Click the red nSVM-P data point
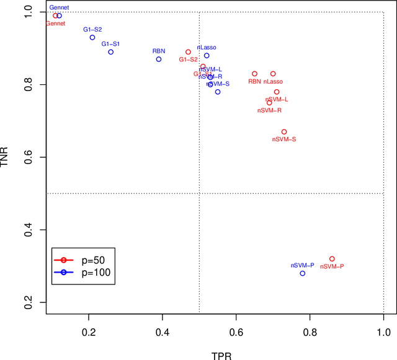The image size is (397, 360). (x=332, y=259)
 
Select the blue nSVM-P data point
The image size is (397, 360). (x=303, y=273)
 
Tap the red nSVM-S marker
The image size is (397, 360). (x=284, y=132)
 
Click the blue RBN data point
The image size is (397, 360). (x=159, y=59)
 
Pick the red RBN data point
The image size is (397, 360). (x=254, y=74)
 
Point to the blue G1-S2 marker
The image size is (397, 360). (x=92, y=38)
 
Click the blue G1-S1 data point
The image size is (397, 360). (x=110, y=52)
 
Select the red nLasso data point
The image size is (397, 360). (x=273, y=74)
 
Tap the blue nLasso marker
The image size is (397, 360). (x=207, y=56)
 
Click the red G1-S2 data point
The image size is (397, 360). (x=188, y=53)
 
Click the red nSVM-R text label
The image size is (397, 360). (x=269, y=110)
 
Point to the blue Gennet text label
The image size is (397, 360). (x=60, y=7)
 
